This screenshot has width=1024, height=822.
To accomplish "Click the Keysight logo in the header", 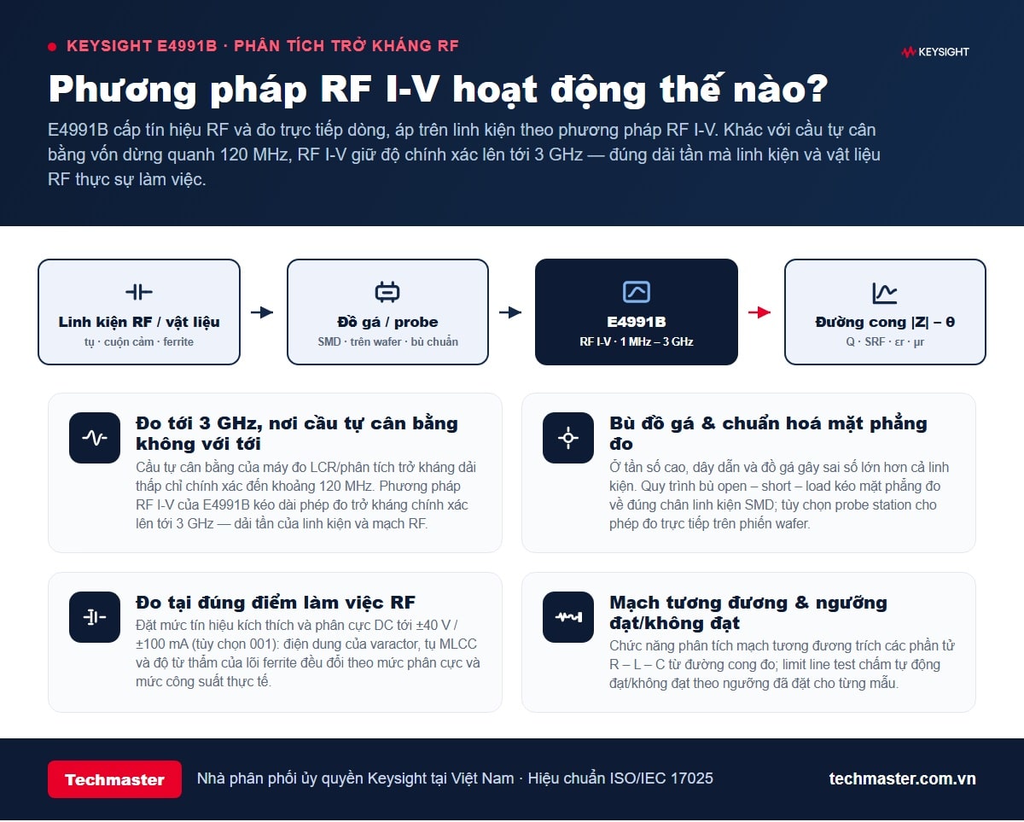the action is (x=935, y=52).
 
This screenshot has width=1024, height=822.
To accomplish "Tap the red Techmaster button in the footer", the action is (x=114, y=779).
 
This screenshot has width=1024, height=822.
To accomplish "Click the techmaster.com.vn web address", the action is (x=902, y=778).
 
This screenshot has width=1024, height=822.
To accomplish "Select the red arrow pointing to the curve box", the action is (x=759, y=312).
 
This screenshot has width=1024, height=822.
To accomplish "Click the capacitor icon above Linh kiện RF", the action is (x=139, y=292).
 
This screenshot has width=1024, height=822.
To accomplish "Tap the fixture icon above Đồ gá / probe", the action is (x=387, y=292).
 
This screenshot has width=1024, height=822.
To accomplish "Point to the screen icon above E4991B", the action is (x=637, y=292).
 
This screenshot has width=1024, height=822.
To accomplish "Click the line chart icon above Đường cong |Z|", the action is (x=885, y=293).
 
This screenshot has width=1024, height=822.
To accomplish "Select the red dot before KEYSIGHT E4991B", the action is (x=52, y=47).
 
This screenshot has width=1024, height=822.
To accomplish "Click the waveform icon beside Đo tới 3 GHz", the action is (x=95, y=437).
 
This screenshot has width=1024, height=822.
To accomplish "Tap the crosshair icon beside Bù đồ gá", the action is (x=568, y=437).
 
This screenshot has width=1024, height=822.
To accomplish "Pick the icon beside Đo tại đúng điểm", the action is (x=95, y=617).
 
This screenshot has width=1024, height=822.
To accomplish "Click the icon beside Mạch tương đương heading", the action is (x=568, y=617).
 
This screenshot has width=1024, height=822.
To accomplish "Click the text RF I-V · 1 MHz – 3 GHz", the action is (x=637, y=341).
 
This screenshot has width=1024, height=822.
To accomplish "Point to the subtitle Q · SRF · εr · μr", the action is (x=885, y=341).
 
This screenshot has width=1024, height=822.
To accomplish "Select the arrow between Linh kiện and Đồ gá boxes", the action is (x=262, y=312).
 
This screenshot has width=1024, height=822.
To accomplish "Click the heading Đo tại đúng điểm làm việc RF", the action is (x=276, y=603).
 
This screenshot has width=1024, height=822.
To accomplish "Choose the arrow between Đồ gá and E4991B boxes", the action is (x=510, y=312).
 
